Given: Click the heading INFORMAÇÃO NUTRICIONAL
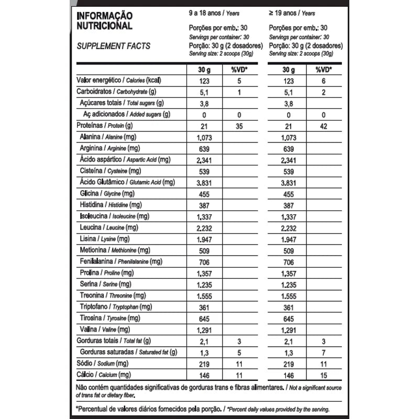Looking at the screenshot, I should tap(105, 21).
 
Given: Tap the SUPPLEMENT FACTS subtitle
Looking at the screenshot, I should tap(114, 46).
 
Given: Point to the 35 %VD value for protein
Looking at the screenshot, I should tap(238, 126).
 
